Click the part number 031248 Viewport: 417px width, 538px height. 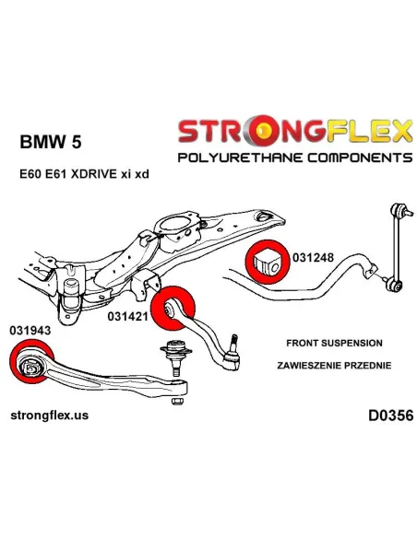coord(313,257)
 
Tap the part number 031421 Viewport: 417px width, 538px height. coord(128,316)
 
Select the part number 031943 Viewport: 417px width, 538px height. coord(30,330)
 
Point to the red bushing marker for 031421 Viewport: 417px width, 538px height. coord(173,308)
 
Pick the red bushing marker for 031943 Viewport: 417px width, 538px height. coord(32,361)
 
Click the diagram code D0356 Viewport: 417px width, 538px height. coord(390,415)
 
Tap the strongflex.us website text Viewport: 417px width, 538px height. coord(50,415)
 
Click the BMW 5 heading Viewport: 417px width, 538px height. coord(51,141)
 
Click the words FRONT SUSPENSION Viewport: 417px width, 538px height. coord(334,343)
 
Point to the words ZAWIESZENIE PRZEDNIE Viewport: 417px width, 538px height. coord(334,366)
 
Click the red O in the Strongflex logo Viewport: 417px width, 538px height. coord(264,131)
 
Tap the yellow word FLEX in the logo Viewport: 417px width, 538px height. coord(369,131)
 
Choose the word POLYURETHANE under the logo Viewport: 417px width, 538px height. coord(240,158)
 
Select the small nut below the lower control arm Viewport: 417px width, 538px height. coord(176,401)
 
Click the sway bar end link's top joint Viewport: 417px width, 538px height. coord(399,210)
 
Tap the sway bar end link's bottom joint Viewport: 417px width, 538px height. coord(394,286)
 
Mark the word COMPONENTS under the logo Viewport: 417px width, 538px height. coord(360,158)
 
